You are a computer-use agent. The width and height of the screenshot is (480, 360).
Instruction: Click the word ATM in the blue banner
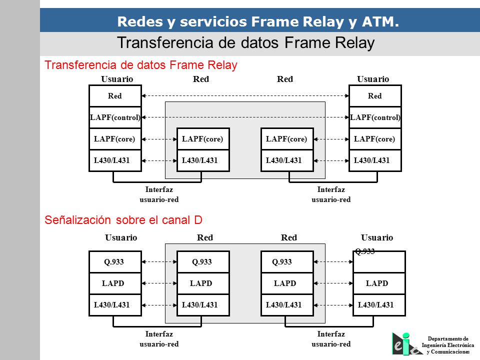coord(380,21)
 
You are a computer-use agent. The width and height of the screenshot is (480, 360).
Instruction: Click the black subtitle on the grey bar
coord(246,43)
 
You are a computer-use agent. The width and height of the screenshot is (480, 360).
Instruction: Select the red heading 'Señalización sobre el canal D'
coord(123,220)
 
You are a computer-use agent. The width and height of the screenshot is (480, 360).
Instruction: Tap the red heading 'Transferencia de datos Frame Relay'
coord(141,65)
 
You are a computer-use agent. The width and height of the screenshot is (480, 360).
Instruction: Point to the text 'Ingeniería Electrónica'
coord(448,345)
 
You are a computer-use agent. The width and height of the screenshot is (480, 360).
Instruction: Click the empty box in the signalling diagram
coord(379,262)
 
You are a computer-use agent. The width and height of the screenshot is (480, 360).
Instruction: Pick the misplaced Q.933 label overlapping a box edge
coord(365,251)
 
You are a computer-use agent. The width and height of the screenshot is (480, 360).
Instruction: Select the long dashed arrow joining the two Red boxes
coord(245,96)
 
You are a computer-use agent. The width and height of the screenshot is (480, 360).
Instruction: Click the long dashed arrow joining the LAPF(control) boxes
coord(245,117)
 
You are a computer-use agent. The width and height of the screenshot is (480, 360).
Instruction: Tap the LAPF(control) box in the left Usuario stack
coord(115,117)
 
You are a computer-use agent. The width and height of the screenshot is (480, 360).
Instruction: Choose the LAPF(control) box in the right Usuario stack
coord(375,117)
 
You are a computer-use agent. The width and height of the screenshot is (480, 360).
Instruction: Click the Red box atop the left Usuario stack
coord(115,96)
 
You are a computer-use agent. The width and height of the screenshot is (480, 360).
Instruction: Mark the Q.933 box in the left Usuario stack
coord(115,262)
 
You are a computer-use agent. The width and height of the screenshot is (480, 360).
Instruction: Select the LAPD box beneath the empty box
coord(379,283)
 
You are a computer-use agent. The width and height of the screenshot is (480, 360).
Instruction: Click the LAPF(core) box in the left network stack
coord(203,139)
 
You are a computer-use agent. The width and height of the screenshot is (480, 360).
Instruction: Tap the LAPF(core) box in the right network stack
coord(287,139)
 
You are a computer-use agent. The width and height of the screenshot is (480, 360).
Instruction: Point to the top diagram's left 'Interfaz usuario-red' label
coord(159,194)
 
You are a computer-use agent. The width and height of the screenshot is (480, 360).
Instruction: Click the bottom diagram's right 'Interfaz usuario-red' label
coord(331,339)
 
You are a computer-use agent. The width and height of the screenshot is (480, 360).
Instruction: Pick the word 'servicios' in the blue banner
coord(213,21)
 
